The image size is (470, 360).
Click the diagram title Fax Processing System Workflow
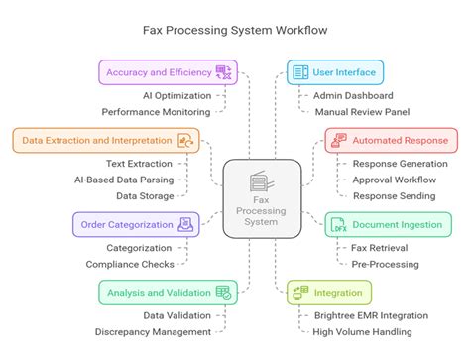coord(234,31)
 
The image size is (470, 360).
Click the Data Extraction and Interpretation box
coord(103,140)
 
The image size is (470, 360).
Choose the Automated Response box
coord(389,140)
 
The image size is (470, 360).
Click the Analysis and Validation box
coord(167,292)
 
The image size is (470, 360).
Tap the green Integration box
coord(329,292)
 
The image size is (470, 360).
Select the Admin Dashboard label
coord(353,96)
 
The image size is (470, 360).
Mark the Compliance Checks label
coord(129,264)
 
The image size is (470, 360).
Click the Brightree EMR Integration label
coord(376,315)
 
